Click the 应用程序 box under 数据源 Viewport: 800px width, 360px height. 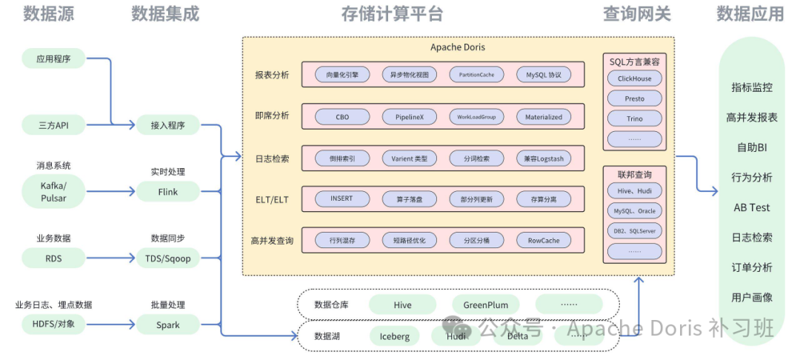pyautogui.click(x=53, y=59)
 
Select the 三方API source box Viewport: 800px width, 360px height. pyautogui.click(x=53, y=125)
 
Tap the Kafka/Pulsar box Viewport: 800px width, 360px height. pyautogui.click(x=53, y=192)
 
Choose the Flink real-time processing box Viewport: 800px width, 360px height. pyautogui.click(x=167, y=192)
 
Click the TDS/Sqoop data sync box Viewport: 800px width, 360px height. pyautogui.click(x=167, y=259)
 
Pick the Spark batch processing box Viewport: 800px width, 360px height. pyautogui.click(x=167, y=324)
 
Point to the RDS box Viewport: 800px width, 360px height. pyautogui.click(x=53, y=259)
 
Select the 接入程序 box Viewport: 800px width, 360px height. pyautogui.click(x=167, y=125)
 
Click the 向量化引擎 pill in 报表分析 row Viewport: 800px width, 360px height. pyautogui.click(x=341, y=75)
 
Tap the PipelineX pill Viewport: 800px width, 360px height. pyautogui.click(x=409, y=117)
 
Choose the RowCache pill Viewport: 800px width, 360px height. pyautogui.click(x=544, y=241)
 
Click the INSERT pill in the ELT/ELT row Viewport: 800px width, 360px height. pyautogui.click(x=341, y=199)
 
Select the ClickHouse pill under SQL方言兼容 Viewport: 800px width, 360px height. pyautogui.click(x=634, y=79)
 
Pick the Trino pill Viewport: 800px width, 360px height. pyautogui.click(x=634, y=119)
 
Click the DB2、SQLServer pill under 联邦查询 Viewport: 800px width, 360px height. pyautogui.click(x=634, y=231)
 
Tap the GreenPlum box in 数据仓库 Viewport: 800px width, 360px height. pyautogui.click(x=486, y=304)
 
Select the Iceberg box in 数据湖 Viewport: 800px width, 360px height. pyautogui.click(x=394, y=336)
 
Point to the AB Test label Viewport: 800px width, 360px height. pyautogui.click(x=752, y=207)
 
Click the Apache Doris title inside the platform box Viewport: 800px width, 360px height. pyautogui.click(x=458, y=47)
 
